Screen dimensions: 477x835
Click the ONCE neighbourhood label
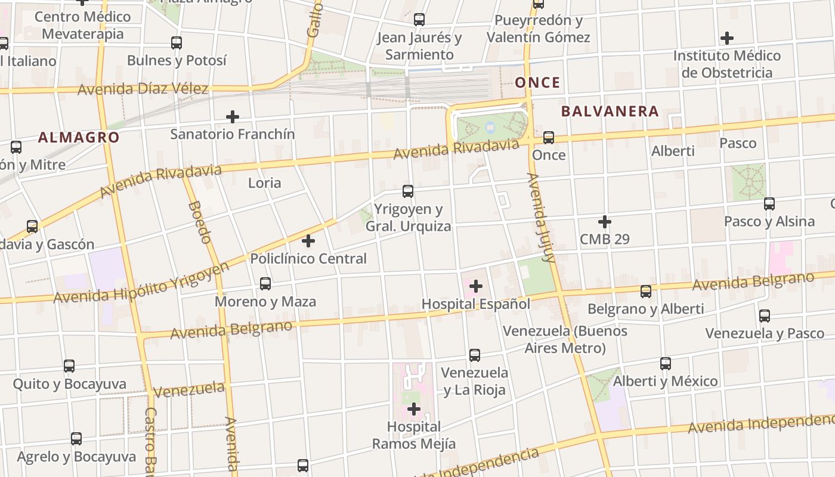click(x=537, y=82)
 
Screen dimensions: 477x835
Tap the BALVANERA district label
click(x=610, y=111)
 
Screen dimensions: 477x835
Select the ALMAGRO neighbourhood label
click(x=79, y=138)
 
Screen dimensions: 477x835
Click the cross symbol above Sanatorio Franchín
click(x=233, y=116)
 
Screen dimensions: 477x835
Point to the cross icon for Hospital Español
click(x=475, y=286)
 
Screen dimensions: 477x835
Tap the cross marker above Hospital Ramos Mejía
click(x=413, y=409)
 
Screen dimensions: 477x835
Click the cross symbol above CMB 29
click(x=605, y=222)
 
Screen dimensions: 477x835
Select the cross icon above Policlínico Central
click(x=308, y=241)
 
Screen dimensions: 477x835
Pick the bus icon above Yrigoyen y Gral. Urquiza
click(x=408, y=191)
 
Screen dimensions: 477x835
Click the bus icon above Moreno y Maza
click(x=265, y=284)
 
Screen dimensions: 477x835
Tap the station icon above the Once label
click(x=548, y=138)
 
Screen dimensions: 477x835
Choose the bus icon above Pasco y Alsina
click(x=769, y=204)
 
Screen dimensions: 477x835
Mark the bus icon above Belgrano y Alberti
click(x=646, y=292)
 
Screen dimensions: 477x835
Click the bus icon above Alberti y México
click(x=666, y=364)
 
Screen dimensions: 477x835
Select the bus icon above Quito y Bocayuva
click(x=69, y=366)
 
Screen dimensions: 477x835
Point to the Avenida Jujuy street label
click(x=541, y=218)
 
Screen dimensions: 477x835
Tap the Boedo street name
click(x=199, y=222)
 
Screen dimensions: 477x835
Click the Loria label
click(x=264, y=183)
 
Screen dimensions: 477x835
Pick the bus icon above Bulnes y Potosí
click(x=177, y=43)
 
